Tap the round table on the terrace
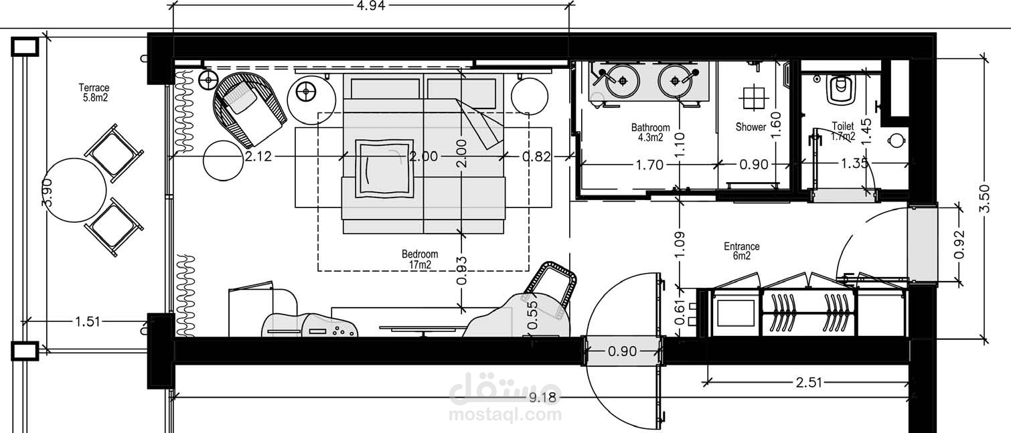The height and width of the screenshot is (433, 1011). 75,190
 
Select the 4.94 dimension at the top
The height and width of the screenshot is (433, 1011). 370,6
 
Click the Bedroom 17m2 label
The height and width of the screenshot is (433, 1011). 420,260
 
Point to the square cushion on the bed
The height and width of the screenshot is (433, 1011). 384,169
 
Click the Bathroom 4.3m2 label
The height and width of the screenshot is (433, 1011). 650,133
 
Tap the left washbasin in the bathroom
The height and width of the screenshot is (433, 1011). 623,81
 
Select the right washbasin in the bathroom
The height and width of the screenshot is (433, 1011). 675,81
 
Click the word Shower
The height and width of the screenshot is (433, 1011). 751,127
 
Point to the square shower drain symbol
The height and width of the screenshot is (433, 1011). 754,97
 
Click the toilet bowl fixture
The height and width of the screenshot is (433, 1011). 840,89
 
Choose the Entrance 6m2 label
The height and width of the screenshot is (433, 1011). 742,251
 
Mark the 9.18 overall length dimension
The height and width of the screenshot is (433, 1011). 543,398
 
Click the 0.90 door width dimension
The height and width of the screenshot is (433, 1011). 623,351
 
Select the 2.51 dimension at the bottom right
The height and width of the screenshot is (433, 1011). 809,383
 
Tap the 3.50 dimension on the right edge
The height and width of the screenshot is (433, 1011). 985,199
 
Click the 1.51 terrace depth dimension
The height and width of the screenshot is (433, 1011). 88,322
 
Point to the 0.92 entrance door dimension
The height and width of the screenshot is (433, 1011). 959,244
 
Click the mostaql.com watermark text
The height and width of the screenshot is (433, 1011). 505,414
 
